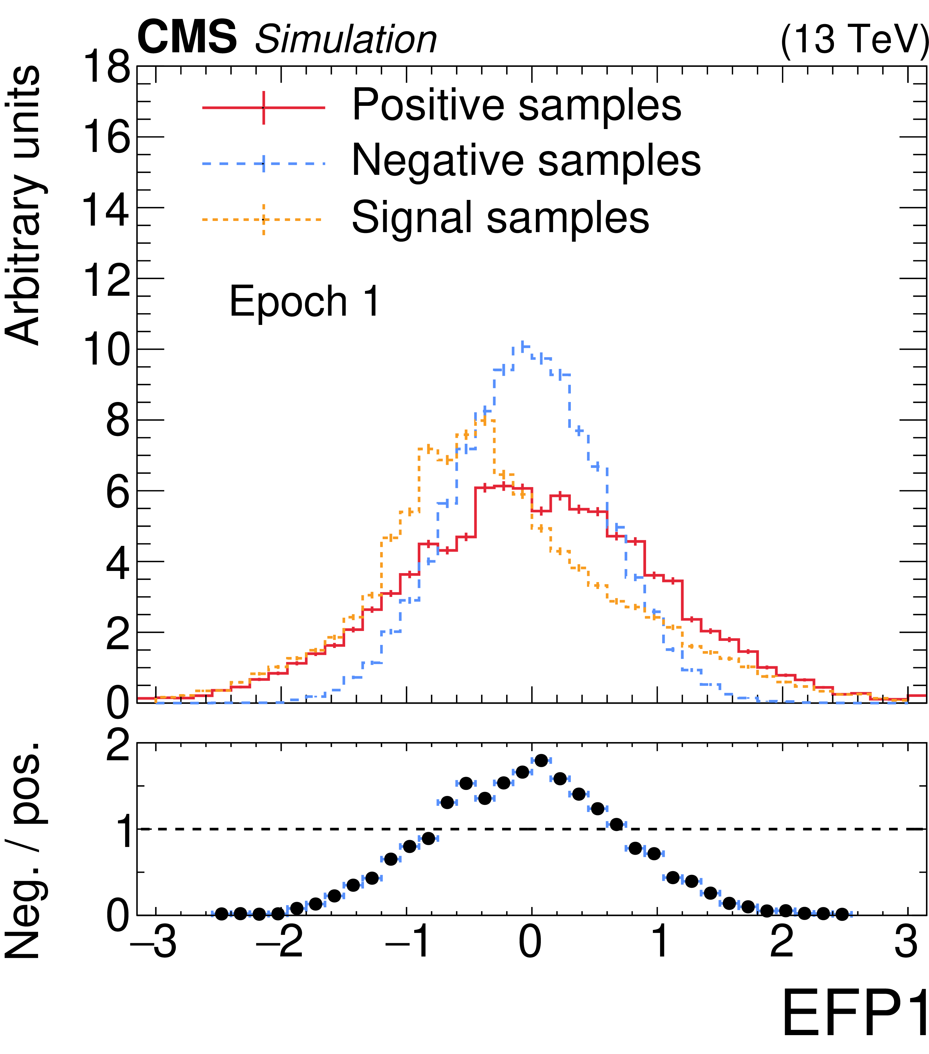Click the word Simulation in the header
coord(345,40)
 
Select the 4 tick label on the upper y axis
coord(118,562)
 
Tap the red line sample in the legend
coord(263,108)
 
